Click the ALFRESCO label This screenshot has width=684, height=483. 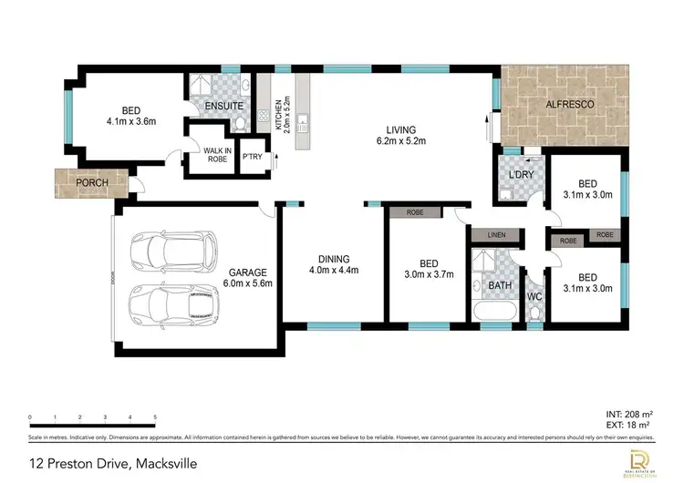(x=570, y=106)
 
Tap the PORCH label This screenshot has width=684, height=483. (x=91, y=182)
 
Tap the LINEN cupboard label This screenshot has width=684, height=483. (x=496, y=235)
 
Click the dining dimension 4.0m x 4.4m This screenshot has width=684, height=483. (x=334, y=270)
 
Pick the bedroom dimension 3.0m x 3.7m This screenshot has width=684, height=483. (x=428, y=272)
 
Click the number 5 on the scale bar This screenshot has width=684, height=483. (x=155, y=417)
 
